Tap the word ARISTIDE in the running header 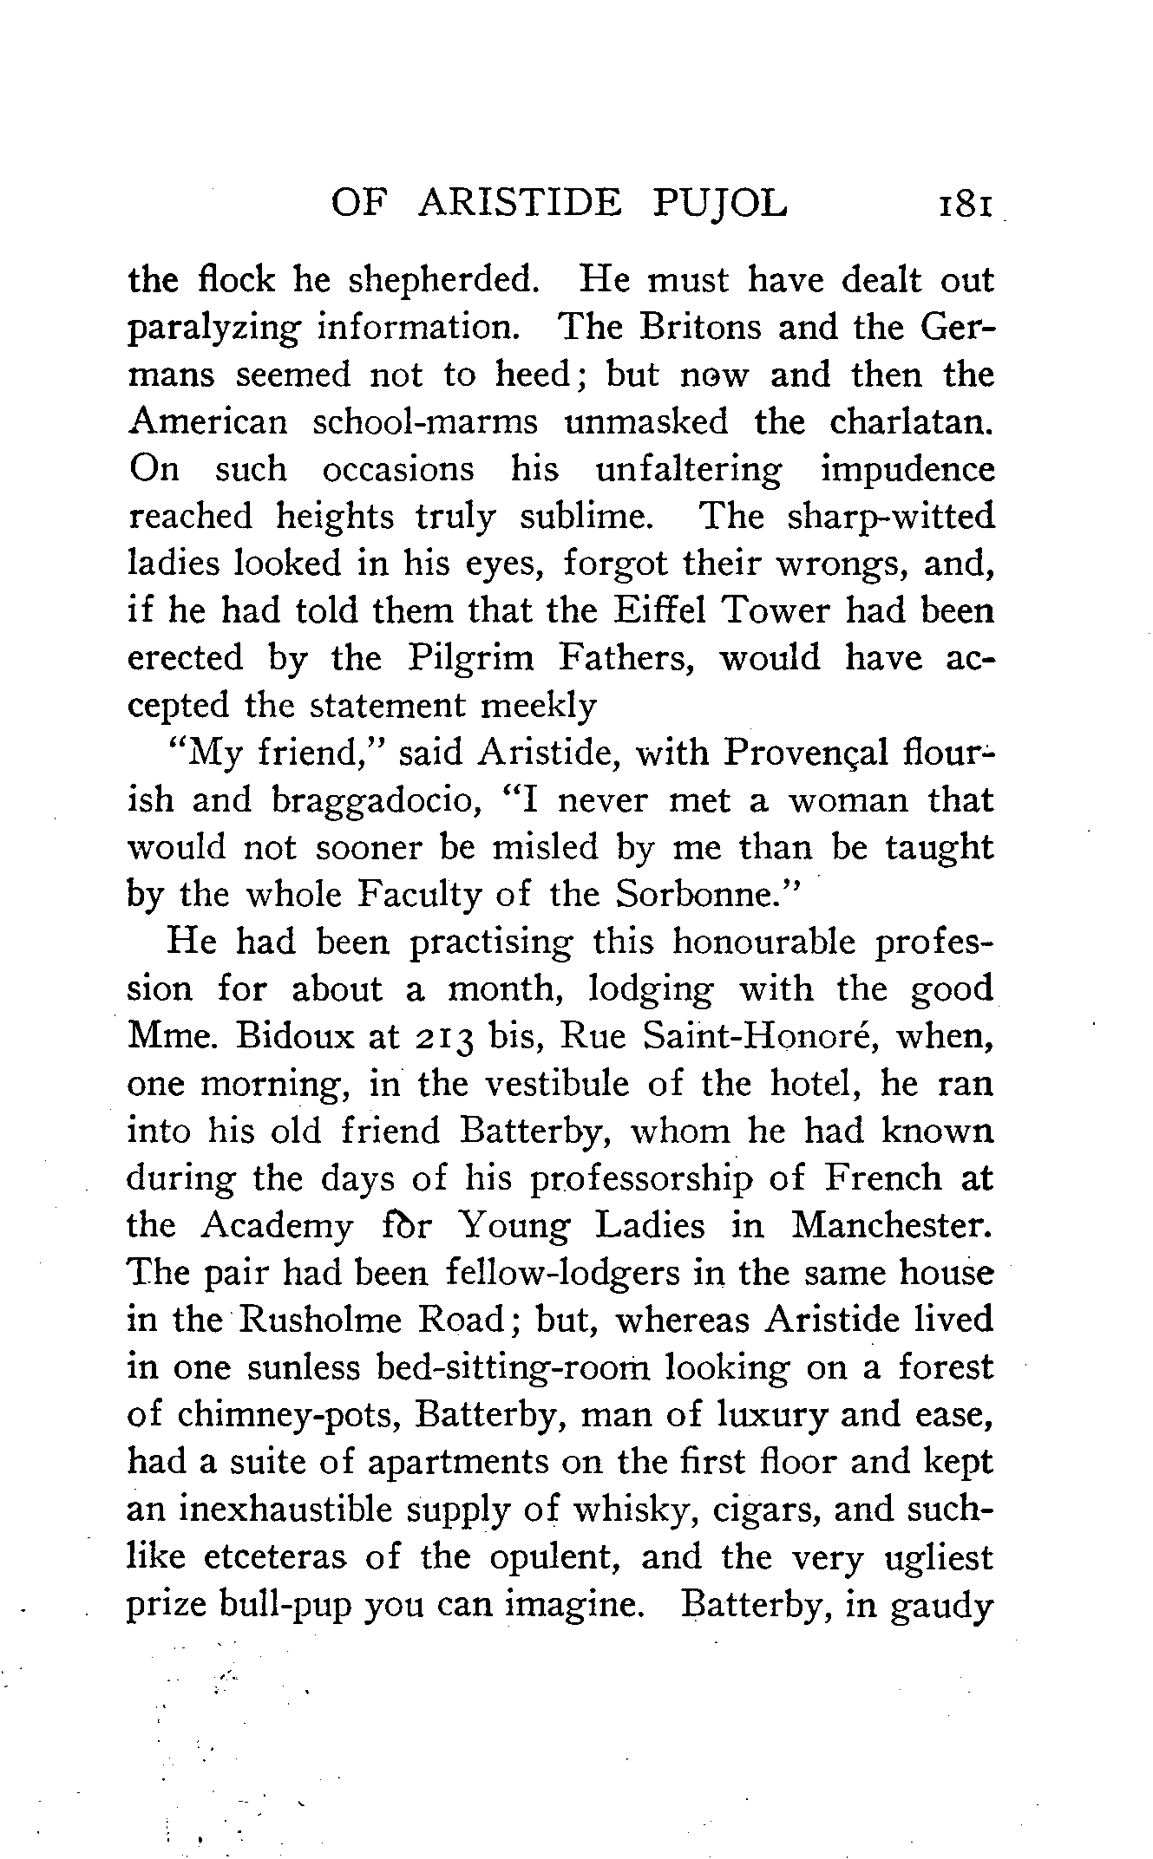[520, 204]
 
